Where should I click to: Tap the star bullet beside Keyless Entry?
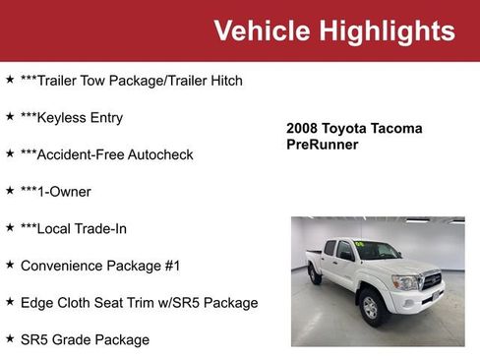click(10, 117)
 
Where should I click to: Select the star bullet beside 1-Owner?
click(10, 191)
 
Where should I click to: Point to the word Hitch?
click(223, 81)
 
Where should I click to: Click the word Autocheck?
click(160, 154)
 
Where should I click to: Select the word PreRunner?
click(322, 145)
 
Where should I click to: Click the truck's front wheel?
click(371, 307)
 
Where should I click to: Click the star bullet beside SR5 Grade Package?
click(10, 339)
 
